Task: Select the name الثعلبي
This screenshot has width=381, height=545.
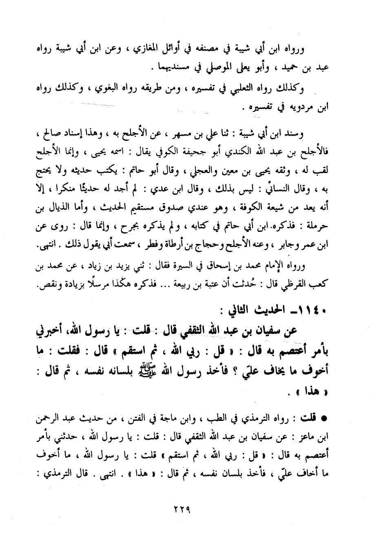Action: coord(235,88)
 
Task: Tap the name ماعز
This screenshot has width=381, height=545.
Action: coord(313,437)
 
